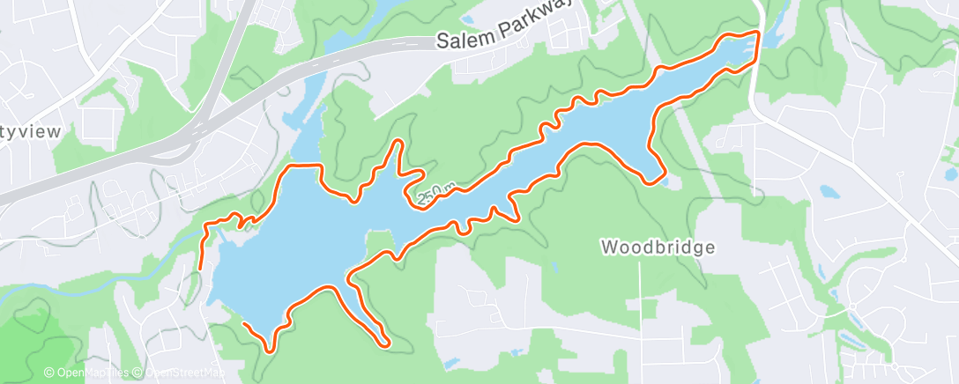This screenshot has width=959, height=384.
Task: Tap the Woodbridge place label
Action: pyautogui.click(x=658, y=247)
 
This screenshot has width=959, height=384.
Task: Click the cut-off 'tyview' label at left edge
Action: pyautogui.click(x=30, y=132)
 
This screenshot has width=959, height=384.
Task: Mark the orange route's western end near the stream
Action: pyautogui.click(x=200, y=266)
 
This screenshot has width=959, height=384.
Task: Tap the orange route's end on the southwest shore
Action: pyautogui.click(x=243, y=326)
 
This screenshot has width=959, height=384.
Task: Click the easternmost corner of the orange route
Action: pyautogui.click(x=758, y=33)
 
